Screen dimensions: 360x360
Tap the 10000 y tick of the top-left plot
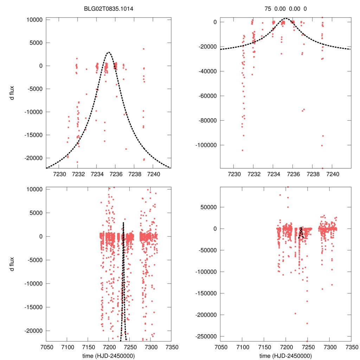(x=34, y=20)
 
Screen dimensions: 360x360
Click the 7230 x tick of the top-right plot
(x=234, y=174)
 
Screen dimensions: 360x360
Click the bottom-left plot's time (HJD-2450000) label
(x=108, y=356)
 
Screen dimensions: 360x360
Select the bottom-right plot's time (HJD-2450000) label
(x=285, y=356)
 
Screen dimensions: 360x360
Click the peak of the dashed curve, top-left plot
(x=109, y=52)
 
